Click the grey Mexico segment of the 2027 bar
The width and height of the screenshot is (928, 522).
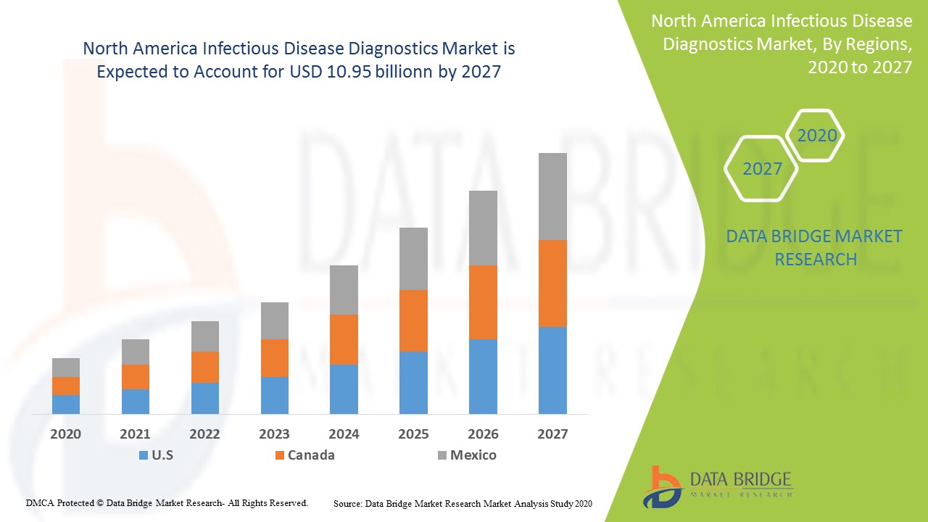(x=552, y=196)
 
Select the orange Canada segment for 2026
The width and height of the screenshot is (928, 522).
(x=483, y=302)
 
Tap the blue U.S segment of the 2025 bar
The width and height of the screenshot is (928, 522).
(x=413, y=382)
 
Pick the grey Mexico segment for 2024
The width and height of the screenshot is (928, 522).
(x=344, y=289)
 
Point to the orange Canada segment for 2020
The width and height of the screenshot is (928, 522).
(x=66, y=386)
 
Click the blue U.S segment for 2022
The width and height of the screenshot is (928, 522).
(x=205, y=398)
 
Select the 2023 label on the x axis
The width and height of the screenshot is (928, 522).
(x=274, y=434)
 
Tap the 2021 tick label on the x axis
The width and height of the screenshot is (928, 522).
(x=135, y=434)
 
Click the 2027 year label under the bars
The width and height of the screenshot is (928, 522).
(x=552, y=434)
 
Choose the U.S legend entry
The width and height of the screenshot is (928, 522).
(x=156, y=455)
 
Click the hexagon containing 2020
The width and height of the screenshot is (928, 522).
(x=816, y=136)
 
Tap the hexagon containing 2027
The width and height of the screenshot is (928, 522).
(x=762, y=169)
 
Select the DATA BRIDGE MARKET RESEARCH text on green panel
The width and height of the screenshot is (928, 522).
(x=816, y=247)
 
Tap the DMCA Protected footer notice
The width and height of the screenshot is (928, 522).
(x=167, y=502)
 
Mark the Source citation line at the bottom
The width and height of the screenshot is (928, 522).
(x=463, y=503)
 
